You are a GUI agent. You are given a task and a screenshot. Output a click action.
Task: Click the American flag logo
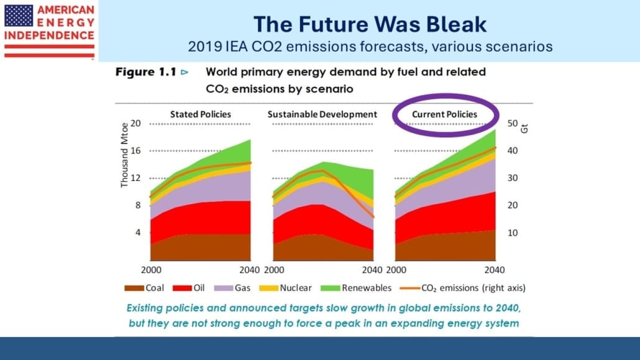(x=19, y=15)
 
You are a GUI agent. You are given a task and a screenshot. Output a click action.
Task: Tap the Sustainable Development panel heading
(x=322, y=114)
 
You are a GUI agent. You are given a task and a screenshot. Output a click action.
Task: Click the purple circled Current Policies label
(x=445, y=114)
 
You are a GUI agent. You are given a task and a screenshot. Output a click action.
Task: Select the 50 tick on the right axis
(x=514, y=124)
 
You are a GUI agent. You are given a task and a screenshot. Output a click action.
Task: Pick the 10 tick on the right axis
(x=514, y=233)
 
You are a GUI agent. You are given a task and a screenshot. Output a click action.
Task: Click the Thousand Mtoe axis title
(x=124, y=155)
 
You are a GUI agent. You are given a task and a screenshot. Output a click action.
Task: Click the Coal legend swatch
(x=134, y=288)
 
